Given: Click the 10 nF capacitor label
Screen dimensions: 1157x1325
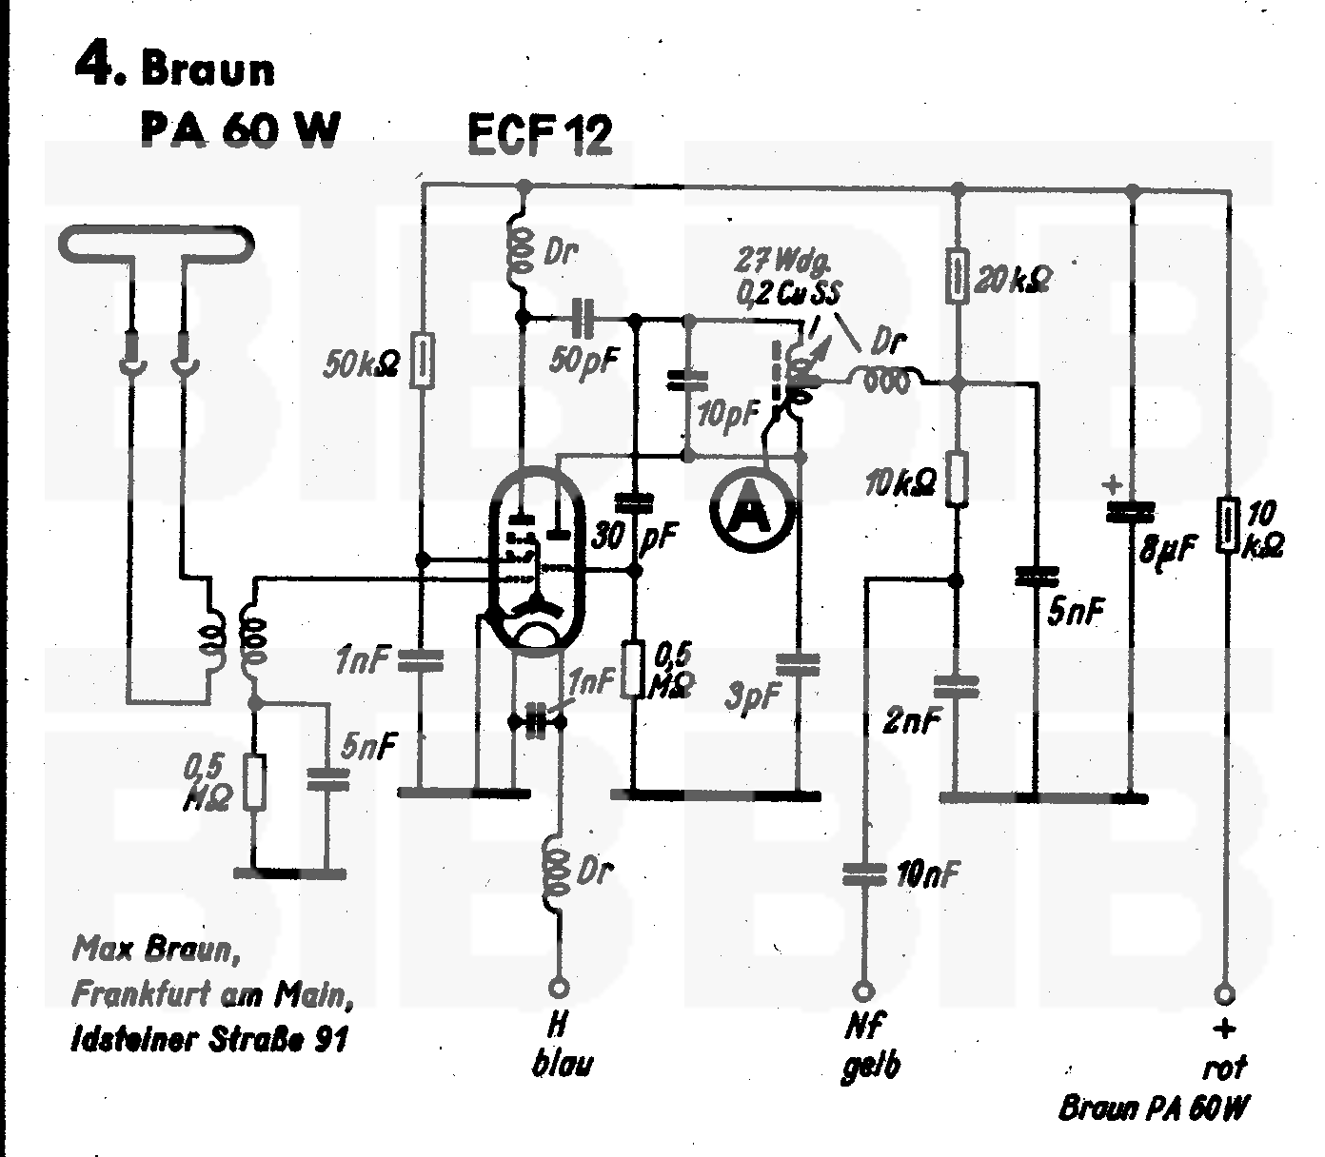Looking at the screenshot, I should point(927,873).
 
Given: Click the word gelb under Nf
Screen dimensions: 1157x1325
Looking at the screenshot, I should point(870,1067).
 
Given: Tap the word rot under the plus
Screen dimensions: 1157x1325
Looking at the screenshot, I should point(1224,1068).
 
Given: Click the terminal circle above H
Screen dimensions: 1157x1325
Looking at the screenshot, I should point(560,988).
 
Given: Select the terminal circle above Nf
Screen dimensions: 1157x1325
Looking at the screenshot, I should point(864,990).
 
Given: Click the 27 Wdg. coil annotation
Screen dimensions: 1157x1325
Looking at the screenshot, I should point(787,276).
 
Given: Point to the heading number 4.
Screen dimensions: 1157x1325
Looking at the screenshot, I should point(98,67).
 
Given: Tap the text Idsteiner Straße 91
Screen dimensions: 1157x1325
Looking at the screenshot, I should point(209,1037).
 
